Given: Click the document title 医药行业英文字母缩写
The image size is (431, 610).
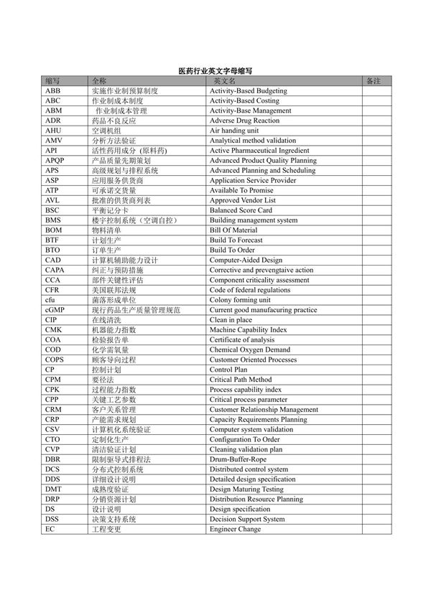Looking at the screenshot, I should pyautogui.click(x=215, y=72).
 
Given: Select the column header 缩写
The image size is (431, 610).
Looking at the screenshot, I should pyautogui.click(x=52, y=82).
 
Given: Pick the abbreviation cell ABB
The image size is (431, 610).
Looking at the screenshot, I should pyautogui.click(x=53, y=91).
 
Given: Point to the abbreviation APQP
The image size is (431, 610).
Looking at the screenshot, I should pyautogui.click(x=55, y=161).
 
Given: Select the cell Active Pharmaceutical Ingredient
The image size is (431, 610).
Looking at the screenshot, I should pyautogui.click(x=259, y=151).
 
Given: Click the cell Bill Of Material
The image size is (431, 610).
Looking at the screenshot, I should pyautogui.click(x=233, y=230).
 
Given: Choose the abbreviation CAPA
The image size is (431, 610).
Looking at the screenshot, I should pyautogui.click(x=55, y=270).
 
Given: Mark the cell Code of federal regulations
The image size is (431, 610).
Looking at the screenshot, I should pyautogui.click(x=250, y=290).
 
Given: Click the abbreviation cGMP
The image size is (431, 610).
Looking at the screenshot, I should pyautogui.click(x=55, y=310).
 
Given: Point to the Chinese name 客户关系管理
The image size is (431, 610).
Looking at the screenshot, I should pyautogui.click(x=113, y=410).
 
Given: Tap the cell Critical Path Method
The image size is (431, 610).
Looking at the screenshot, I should pyautogui.click(x=241, y=380).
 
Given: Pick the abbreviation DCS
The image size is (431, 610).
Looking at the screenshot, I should pyautogui.click(x=52, y=469).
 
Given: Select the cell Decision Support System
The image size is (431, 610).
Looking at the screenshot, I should pyautogui.click(x=247, y=519).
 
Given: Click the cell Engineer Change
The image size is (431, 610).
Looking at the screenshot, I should pyautogui.click(x=235, y=529).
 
